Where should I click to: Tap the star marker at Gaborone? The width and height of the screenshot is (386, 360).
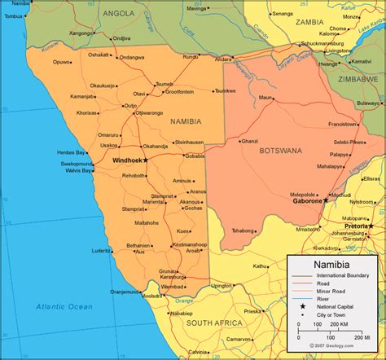pos(325,200)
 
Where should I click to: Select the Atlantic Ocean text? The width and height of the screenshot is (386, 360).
pos(64,306)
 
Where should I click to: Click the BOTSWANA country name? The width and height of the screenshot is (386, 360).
pos(281,151)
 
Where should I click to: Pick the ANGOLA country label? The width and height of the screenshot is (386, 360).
pos(119,14)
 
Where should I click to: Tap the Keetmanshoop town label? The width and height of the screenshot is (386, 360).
pos(191,244)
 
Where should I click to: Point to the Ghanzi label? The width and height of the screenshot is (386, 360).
pos(250,140)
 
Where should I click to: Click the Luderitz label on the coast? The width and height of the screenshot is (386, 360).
pos(100,251)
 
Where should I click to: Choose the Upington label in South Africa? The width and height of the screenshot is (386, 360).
pos(222,286)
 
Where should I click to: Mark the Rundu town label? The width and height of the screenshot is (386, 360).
pos(191,57)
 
